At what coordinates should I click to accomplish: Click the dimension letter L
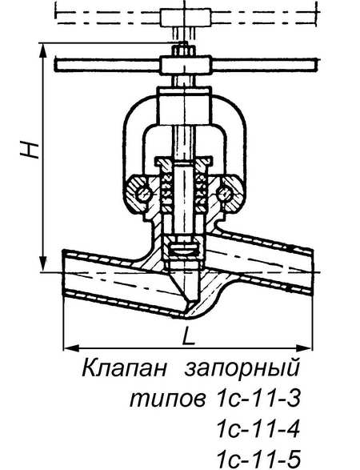[189, 335]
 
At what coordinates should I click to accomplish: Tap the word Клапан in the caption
[124, 368]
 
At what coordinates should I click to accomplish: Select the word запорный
[242, 368]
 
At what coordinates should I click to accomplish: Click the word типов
[168, 399]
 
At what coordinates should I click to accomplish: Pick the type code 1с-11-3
[258, 398]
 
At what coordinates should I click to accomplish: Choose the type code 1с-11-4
[258, 428]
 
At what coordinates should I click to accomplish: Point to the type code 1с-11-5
[258, 459]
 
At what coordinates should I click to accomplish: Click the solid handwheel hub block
[185, 64]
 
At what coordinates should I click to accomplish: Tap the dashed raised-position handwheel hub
[186, 17]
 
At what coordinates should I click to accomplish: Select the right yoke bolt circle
[225, 194]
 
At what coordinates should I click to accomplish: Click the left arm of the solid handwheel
[107, 65]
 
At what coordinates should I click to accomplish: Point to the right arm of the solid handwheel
[263, 65]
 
